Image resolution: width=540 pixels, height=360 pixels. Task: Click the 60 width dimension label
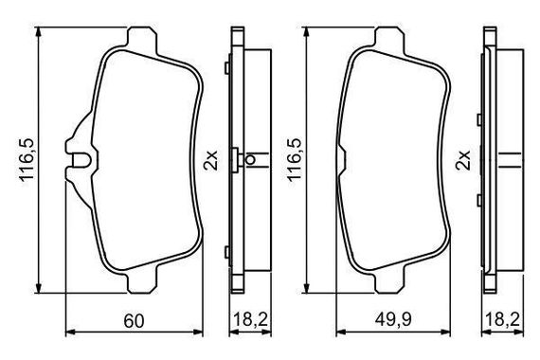[134, 321]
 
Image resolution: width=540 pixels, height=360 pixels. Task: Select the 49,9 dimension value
[393, 320]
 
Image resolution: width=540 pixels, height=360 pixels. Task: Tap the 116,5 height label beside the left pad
[27, 160]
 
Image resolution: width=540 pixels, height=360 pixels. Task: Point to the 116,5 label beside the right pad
[294, 160]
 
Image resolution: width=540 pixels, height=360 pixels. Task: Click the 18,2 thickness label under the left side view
[251, 320]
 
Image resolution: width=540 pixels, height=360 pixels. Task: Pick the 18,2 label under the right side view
[503, 320]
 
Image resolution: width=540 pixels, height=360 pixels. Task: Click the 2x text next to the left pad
[211, 160]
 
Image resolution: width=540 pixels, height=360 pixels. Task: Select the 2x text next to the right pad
[463, 160]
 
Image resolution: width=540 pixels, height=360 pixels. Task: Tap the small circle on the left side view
[251, 160]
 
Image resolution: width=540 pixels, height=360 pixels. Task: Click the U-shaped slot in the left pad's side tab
[81, 159]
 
